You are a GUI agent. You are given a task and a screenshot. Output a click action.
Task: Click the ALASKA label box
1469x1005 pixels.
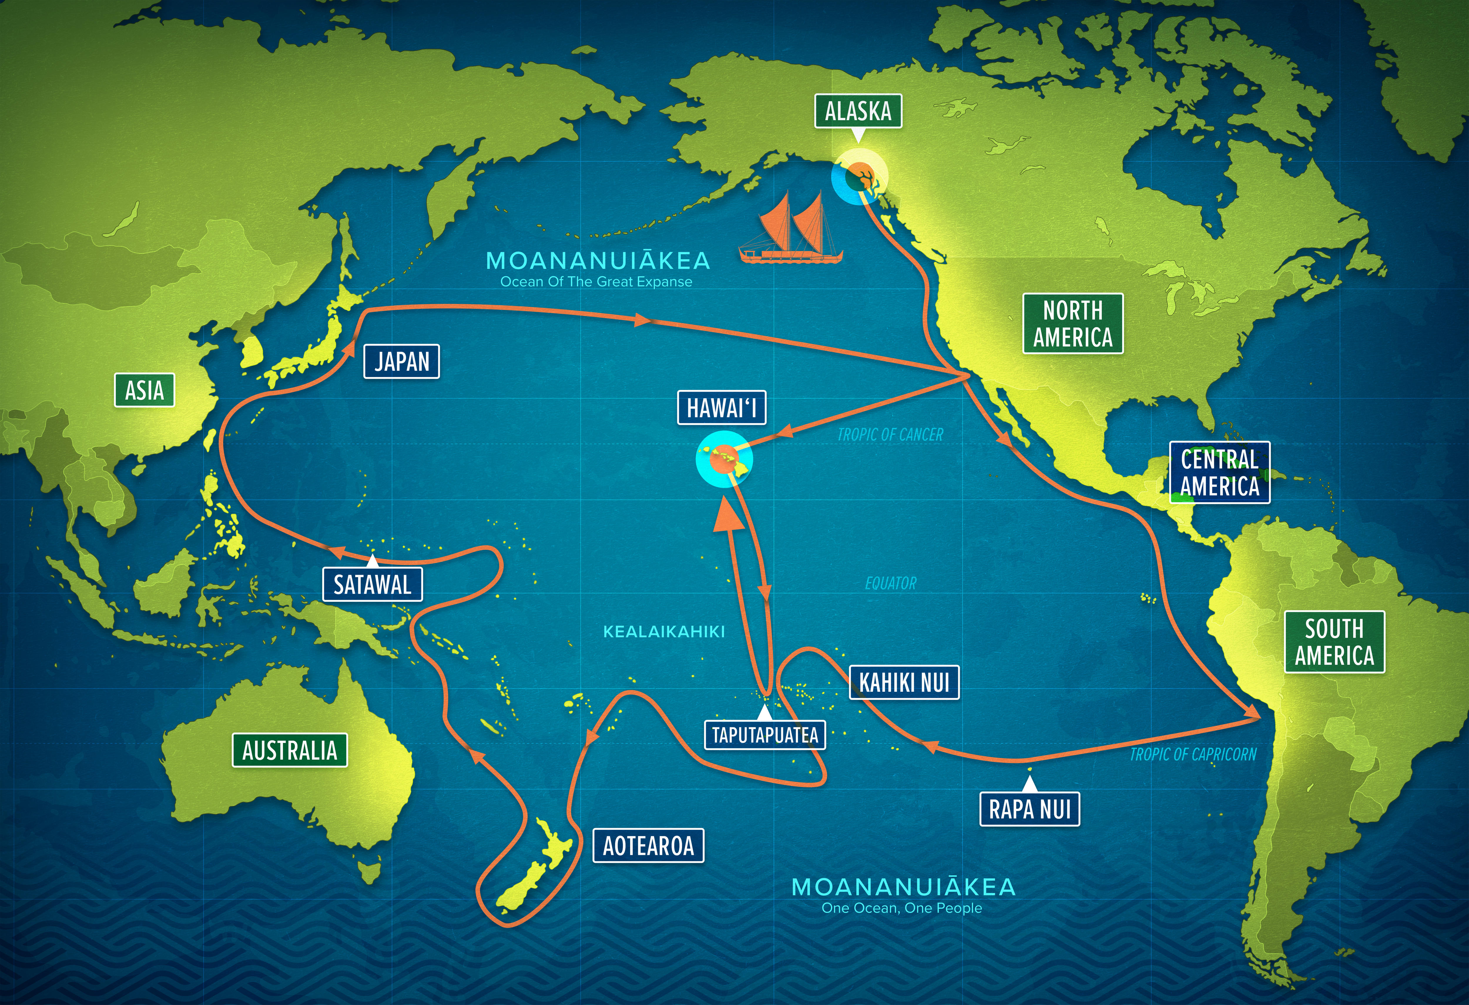(858, 111)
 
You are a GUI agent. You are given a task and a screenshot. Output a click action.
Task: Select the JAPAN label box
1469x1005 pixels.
(401, 361)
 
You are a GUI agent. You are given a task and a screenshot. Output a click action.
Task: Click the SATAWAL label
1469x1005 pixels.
(372, 585)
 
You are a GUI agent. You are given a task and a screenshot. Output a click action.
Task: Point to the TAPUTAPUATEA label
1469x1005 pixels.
(765, 735)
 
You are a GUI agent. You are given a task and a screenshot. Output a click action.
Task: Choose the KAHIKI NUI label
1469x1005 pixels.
(904, 683)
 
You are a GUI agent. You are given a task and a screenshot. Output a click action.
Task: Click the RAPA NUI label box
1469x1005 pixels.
(1030, 809)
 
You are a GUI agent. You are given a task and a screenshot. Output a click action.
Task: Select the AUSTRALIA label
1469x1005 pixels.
(289, 750)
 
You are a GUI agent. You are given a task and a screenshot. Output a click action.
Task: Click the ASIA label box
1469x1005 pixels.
(144, 390)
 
